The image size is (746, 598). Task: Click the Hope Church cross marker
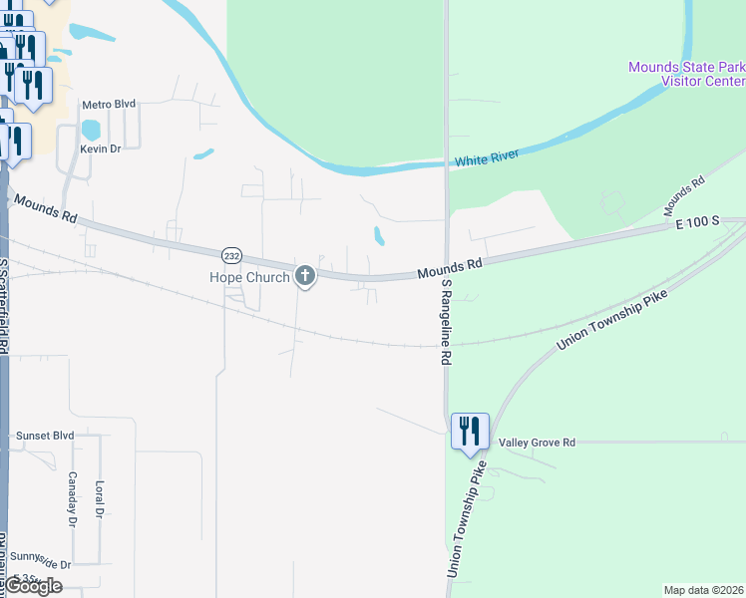(305, 276)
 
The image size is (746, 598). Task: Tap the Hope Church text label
(248, 277)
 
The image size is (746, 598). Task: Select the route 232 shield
(231, 254)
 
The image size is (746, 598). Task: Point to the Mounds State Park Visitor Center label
(686, 75)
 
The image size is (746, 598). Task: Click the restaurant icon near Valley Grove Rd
(470, 432)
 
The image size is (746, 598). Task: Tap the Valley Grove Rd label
(538, 442)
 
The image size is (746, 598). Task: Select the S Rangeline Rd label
(447, 322)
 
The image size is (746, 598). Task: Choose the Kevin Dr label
(100, 149)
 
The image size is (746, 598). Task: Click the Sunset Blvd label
(45, 436)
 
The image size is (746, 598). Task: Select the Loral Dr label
(99, 499)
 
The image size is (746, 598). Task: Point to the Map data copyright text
(704, 590)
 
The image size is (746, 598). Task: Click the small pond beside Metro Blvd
(91, 130)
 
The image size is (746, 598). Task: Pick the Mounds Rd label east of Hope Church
(449, 266)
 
